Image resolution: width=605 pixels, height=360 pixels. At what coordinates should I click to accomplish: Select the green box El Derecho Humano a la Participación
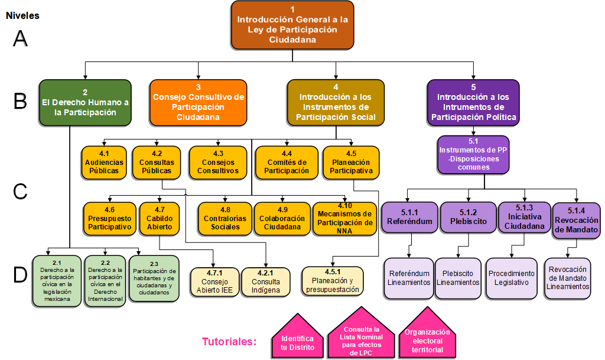(x=85, y=102)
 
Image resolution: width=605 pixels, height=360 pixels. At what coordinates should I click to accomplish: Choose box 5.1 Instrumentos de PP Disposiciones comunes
(x=473, y=154)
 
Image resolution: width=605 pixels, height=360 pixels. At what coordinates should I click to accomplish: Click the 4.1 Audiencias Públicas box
(x=105, y=162)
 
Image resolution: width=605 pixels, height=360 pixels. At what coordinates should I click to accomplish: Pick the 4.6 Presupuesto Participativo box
(x=109, y=218)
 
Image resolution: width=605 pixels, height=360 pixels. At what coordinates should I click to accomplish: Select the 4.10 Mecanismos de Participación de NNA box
(x=344, y=218)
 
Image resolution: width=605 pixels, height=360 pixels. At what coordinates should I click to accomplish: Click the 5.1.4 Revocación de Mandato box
(x=576, y=220)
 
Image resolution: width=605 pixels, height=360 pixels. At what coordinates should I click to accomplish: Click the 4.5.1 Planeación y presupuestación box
(x=333, y=281)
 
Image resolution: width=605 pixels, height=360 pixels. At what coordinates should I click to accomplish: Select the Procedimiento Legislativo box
(x=512, y=278)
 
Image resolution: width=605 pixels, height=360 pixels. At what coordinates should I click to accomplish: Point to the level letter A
(x=20, y=38)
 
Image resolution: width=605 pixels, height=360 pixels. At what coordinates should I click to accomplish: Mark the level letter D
(x=20, y=274)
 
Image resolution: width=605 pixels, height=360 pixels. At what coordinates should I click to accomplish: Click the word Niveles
(x=22, y=16)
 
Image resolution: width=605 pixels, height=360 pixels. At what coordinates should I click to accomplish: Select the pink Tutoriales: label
(x=229, y=342)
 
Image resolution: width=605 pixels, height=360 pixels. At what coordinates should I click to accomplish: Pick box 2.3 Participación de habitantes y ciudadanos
(x=153, y=278)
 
